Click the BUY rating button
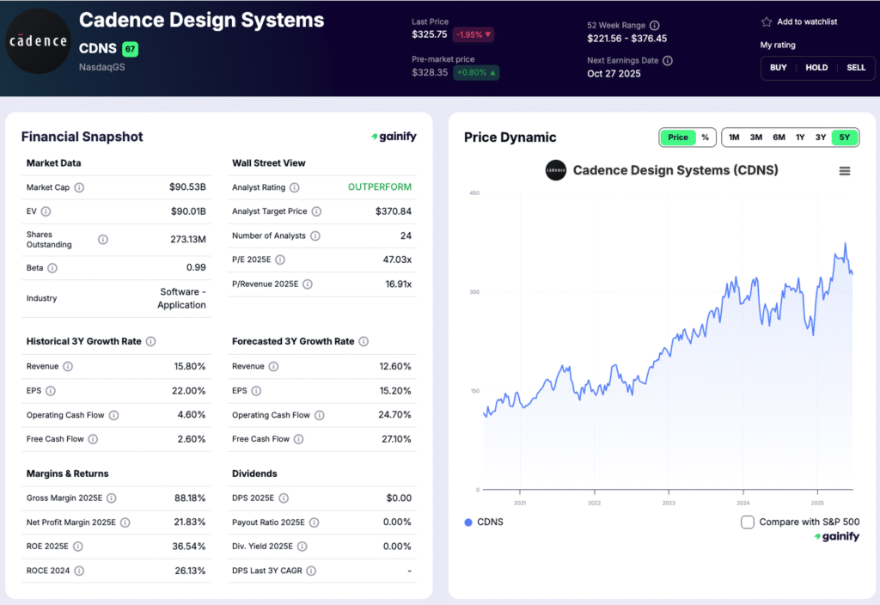[778, 67]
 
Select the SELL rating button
[856, 67]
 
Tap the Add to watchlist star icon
[767, 22]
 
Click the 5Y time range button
[845, 137]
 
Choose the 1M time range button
[734, 137]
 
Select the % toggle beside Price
[705, 137]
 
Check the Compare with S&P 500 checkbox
[748, 522]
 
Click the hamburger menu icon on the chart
[845, 171]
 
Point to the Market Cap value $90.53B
[187, 186]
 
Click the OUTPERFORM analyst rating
[379, 186]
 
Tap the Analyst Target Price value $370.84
[394, 211]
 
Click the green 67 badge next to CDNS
[130, 49]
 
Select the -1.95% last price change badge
[474, 34]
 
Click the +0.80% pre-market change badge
[477, 73]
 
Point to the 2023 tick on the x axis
[669, 503]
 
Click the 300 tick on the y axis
[474, 292]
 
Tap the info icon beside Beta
[52, 268]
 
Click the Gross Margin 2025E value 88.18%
[189, 498]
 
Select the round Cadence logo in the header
[38, 41]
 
